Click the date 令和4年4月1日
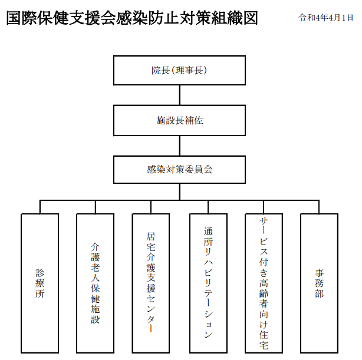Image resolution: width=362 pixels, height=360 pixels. pos(326,18)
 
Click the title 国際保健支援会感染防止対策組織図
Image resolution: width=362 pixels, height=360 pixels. pos(132,18)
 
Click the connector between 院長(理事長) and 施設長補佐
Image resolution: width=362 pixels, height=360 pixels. pos(180,95)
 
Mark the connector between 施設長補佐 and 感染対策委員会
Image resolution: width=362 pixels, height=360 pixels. pos(180,146)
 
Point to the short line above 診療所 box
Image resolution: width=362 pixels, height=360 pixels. pos(40,207)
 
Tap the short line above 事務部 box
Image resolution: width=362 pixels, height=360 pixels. pos(319,207)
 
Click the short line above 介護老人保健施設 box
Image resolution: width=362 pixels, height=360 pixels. pos(96,207)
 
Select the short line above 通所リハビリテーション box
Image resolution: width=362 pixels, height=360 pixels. pos(208,207)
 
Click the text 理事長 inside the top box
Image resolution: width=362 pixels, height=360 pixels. pos(189,70)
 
